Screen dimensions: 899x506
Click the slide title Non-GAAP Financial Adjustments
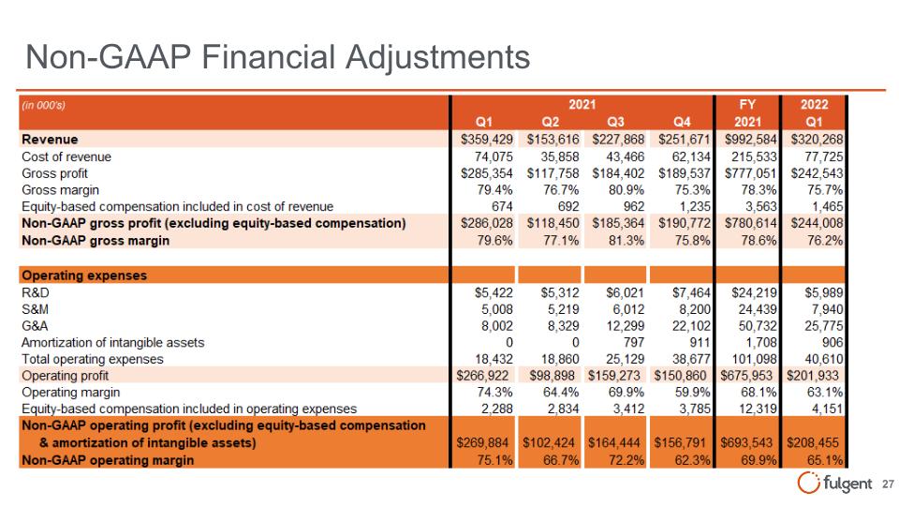(277, 57)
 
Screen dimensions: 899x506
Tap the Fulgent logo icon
(808, 483)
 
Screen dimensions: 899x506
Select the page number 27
(888, 484)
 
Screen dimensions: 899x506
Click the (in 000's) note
(44, 105)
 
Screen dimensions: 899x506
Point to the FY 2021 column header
(747, 113)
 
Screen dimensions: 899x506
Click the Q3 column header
(615, 122)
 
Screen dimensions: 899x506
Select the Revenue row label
(50, 140)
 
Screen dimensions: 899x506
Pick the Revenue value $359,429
(487, 140)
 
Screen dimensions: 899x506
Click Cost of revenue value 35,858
(560, 156)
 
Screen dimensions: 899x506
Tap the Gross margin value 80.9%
(626, 190)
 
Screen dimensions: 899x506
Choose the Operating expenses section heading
(84, 275)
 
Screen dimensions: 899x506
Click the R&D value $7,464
(691, 292)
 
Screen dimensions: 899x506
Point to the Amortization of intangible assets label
(113, 343)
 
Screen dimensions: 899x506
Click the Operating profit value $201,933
(813, 376)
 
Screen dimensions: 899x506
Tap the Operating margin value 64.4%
(561, 393)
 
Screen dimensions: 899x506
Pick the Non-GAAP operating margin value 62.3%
(693, 460)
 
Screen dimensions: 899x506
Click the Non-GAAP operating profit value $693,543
(746, 443)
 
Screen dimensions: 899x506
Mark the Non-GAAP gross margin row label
(96, 241)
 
